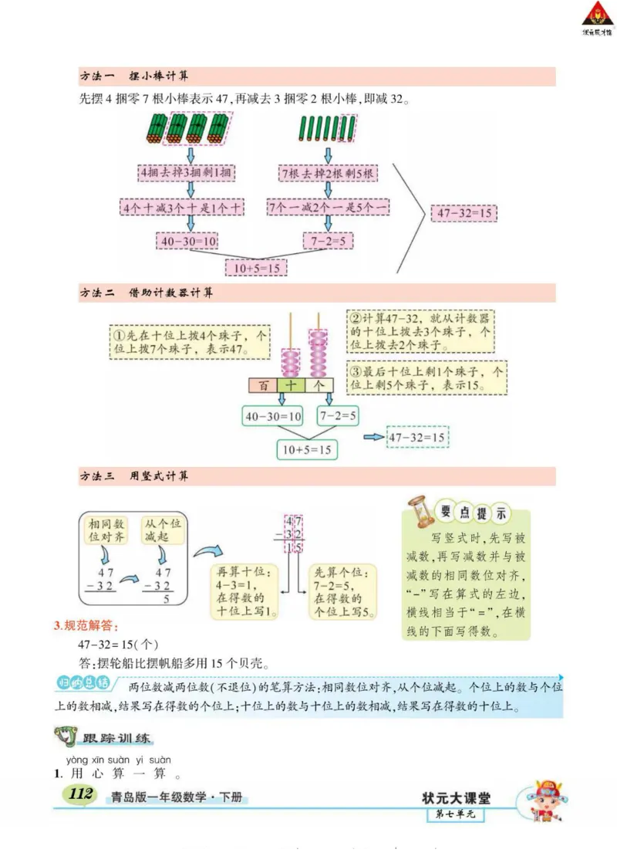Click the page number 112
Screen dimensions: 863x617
80,795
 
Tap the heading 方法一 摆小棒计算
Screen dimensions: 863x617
134,76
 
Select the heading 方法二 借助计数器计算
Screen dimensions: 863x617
147,293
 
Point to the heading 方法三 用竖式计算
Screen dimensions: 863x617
134,476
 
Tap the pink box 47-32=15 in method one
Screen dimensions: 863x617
464,213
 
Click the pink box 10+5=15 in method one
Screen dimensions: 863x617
255,268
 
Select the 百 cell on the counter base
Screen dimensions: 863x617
263,384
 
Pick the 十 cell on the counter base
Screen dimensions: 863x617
291,384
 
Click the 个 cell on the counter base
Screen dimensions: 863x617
319,384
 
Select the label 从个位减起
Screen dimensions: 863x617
162,530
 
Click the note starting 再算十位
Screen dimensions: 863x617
242,592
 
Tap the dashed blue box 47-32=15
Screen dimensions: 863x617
416,438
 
